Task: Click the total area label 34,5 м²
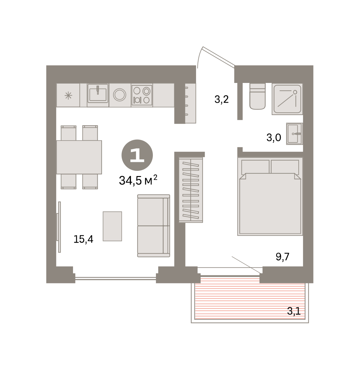pyautogui.click(x=138, y=180)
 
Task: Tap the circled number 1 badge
pyautogui.click(x=137, y=155)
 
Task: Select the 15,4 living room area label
pyautogui.click(x=83, y=239)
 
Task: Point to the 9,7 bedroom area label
pyautogui.click(x=282, y=257)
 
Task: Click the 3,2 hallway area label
pyautogui.click(x=221, y=99)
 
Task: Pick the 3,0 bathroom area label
pyautogui.click(x=274, y=138)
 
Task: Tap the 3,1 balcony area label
pyautogui.click(x=294, y=311)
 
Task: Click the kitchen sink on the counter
pyautogui.click(x=98, y=93)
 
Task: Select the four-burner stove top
pyautogui.click(x=142, y=95)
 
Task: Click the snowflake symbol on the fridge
pyautogui.click(x=68, y=96)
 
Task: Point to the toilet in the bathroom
pyautogui.click(x=257, y=97)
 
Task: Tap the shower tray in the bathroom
pyautogui.click(x=287, y=99)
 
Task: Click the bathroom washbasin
pyautogui.click(x=294, y=134)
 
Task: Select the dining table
pyautogui.click(x=79, y=157)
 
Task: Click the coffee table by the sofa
pyautogui.click(x=112, y=226)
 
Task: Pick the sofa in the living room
pyautogui.click(x=153, y=226)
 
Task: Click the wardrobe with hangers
pyautogui.click(x=191, y=190)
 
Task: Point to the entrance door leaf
pyautogui.click(x=219, y=57)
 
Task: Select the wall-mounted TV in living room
pyautogui.click(x=59, y=227)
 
